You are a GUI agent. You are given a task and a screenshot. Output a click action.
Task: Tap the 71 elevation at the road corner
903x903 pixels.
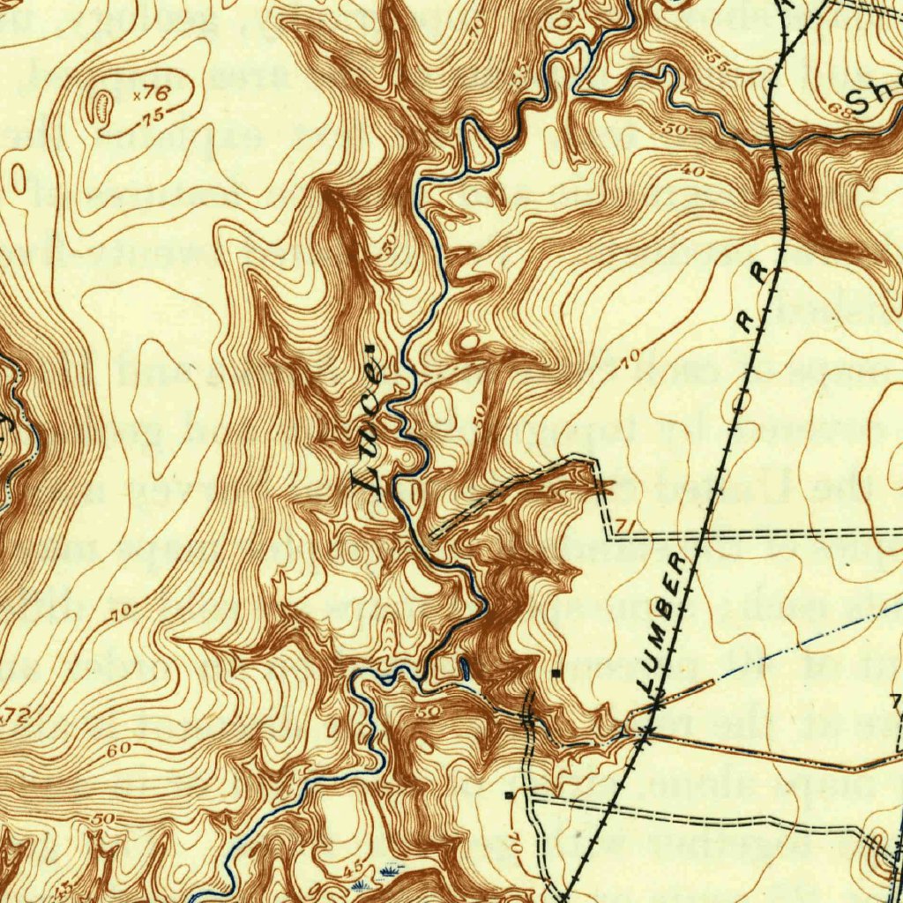click(x=625, y=526)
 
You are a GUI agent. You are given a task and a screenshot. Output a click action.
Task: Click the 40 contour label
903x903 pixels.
click(x=693, y=171)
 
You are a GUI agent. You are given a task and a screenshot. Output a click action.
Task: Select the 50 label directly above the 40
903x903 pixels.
click(x=677, y=130)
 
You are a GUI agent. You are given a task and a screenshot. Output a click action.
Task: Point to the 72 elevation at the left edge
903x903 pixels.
click(x=16, y=717)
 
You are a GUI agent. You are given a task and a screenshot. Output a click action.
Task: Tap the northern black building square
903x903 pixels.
click(x=555, y=673)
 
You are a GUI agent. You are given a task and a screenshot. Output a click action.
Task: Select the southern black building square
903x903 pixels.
click(x=509, y=795)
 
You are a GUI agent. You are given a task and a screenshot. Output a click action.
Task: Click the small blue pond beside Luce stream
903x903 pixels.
click(x=465, y=669)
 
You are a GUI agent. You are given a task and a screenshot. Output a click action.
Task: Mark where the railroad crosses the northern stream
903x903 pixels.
click(x=776, y=143)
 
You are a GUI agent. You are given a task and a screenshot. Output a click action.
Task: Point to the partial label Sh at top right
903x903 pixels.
click(x=873, y=97)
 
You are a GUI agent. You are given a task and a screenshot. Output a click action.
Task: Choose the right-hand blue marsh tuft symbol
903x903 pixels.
click(x=388, y=874)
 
